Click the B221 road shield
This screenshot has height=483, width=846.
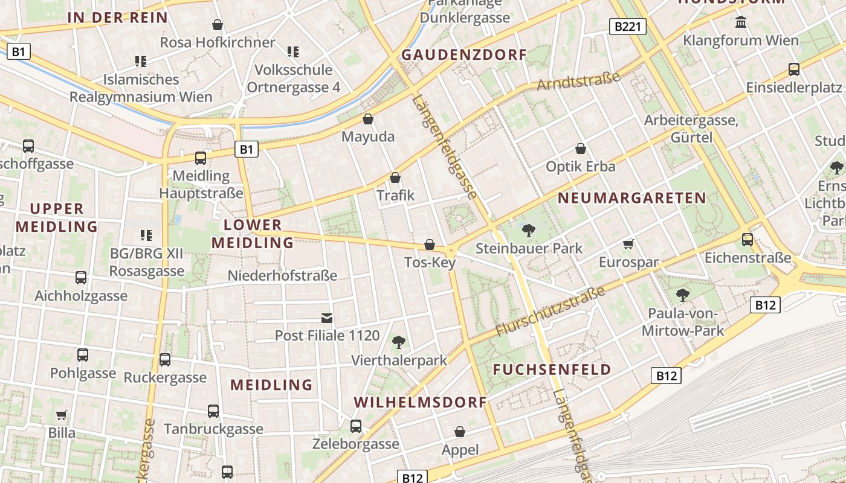628,27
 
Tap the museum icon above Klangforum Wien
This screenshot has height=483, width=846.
740,22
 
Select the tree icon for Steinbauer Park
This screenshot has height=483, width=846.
529,230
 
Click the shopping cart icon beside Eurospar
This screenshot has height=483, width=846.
628,245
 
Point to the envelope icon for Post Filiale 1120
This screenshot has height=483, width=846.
327,318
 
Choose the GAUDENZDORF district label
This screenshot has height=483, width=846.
464,55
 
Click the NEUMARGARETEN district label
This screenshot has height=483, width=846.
631,198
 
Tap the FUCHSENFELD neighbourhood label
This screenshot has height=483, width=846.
552,369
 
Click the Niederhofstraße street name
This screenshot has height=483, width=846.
282,276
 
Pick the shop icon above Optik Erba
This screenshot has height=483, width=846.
581,149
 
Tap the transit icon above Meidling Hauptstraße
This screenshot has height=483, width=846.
201,158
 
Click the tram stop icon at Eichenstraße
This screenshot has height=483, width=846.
748,240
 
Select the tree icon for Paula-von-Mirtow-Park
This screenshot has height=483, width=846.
683,295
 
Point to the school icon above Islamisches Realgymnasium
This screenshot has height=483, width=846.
141,61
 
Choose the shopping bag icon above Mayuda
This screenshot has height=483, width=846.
367,119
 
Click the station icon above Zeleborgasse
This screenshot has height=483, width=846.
356,426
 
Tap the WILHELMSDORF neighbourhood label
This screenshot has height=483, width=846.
420,402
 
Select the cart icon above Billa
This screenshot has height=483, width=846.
61,415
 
